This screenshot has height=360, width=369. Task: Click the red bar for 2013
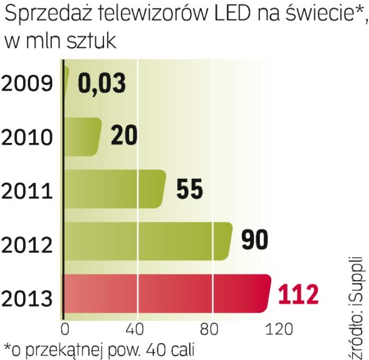coord(166,293)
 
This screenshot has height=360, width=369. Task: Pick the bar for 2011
coord(115,189)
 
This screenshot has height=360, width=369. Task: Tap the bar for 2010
coord(83,137)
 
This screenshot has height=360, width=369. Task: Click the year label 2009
coord(28,85)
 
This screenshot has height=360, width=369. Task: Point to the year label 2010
coord(28,137)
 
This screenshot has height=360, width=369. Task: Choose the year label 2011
coord(28,190)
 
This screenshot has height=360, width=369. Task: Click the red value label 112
coord(300,293)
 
